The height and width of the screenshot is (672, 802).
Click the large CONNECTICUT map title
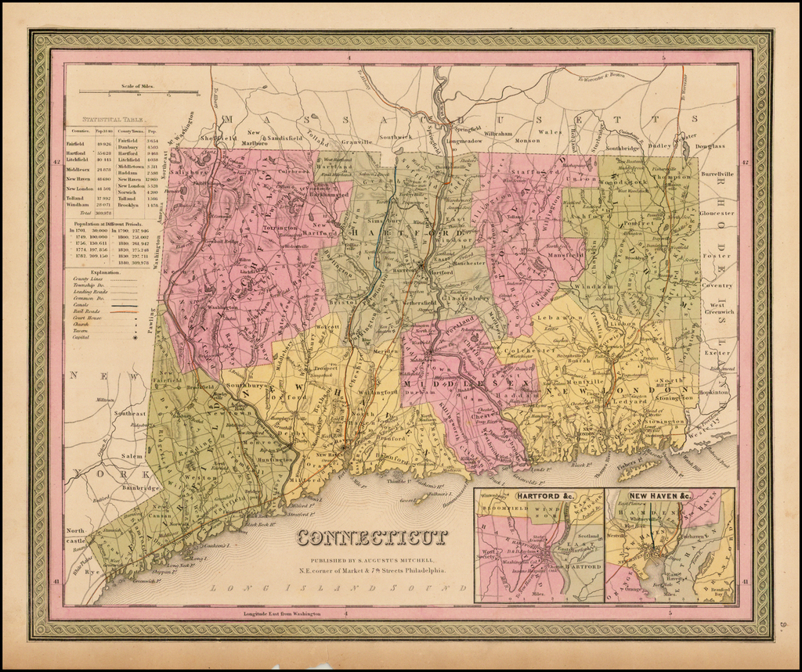pos(372,537)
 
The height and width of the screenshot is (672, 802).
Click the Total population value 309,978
pos(103,213)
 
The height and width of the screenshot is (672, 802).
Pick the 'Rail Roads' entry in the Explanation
pos(85,311)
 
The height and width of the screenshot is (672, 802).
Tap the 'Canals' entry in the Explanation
pos(81,304)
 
